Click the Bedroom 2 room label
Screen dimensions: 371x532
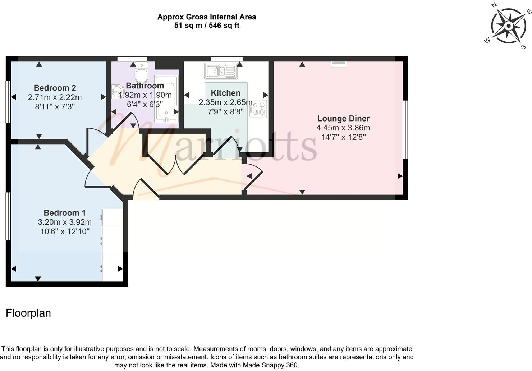(55, 88)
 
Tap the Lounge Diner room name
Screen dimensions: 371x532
(343, 118)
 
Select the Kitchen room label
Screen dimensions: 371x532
(225, 93)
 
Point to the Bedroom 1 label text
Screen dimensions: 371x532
(65, 213)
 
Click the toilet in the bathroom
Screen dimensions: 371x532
(141, 72)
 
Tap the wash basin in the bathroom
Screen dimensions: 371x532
(116, 92)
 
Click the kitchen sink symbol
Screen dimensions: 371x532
(220, 71)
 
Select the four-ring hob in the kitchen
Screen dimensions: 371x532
(258, 109)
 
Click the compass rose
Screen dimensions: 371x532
(508, 26)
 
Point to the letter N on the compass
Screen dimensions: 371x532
(494, 5)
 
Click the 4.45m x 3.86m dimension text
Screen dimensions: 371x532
(343, 128)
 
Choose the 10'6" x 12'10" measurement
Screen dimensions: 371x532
(65, 232)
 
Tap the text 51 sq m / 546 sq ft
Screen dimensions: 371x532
(207, 26)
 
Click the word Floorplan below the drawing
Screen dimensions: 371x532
(28, 313)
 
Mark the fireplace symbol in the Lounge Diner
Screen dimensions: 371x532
(339, 64)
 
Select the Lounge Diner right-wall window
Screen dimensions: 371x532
(405, 129)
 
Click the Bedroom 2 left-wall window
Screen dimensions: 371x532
(8, 102)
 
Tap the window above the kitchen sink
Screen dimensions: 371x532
(226, 59)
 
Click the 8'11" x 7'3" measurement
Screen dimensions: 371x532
(55, 106)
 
